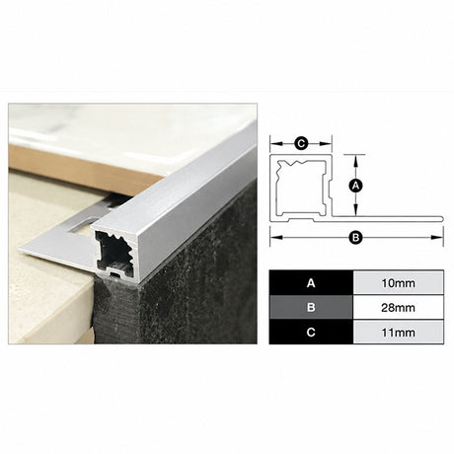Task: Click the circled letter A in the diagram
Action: pos(355,186)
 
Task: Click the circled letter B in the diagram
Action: pos(355,237)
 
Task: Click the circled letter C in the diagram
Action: pos(301,144)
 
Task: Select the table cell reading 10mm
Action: pos(398,283)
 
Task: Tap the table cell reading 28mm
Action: pos(398,308)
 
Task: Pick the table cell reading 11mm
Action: pos(398,333)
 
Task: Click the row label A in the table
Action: pos(311,283)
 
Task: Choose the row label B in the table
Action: pos(311,308)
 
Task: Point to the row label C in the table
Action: pos(311,333)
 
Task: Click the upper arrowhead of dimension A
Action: pos(355,160)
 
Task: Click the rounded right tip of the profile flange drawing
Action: pos(442,219)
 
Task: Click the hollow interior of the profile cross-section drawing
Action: pos(299,189)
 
